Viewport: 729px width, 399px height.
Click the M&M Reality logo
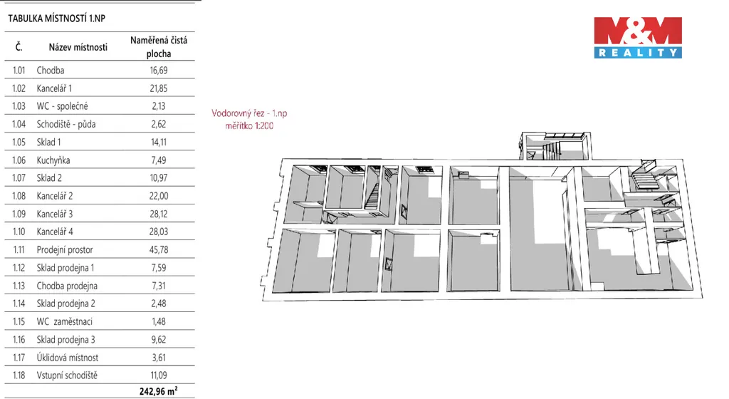tap(638, 38)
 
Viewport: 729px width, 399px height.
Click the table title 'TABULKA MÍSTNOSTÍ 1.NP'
tap(57, 19)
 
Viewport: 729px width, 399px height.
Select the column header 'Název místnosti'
tap(78, 47)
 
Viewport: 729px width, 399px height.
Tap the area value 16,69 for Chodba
tap(159, 71)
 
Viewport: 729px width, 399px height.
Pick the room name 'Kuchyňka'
tap(53, 160)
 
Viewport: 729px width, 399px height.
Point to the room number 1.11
tap(19, 249)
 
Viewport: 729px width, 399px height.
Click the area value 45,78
tap(159, 249)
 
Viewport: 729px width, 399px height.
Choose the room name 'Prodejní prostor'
tap(65, 249)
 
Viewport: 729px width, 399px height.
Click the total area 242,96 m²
tap(158, 391)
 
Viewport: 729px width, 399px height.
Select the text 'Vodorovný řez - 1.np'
tap(249, 113)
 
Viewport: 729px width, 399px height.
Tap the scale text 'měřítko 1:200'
tap(249, 125)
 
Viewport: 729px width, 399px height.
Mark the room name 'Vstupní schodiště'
tap(68, 375)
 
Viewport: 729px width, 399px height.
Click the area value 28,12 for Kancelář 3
tap(159, 214)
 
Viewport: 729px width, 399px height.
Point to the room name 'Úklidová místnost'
tap(68, 358)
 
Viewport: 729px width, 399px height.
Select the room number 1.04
tap(19, 124)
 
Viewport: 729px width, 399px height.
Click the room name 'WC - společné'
tap(63, 106)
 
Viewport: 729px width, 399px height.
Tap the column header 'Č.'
tap(19, 47)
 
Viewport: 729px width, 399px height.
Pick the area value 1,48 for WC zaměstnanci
tap(159, 322)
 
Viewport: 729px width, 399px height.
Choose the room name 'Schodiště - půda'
tap(66, 124)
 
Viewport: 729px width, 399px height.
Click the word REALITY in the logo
tap(638, 53)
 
